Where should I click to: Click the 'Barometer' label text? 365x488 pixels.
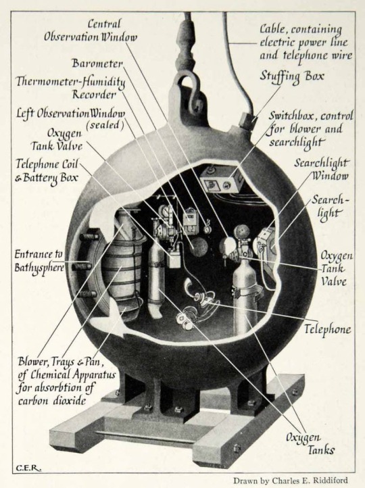point(97,64)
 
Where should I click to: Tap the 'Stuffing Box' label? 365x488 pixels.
point(292,77)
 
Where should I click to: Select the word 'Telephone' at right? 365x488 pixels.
point(327,329)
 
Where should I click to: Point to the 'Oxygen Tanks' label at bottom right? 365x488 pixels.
point(311,443)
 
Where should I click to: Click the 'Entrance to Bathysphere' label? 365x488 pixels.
point(39,261)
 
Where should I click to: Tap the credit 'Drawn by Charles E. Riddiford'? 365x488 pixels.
point(290,481)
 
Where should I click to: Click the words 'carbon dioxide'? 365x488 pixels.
point(51,400)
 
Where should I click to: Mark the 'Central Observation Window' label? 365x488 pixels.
point(91,30)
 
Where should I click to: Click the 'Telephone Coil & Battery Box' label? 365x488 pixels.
point(47,170)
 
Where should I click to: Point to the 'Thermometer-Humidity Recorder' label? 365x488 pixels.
point(71,88)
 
